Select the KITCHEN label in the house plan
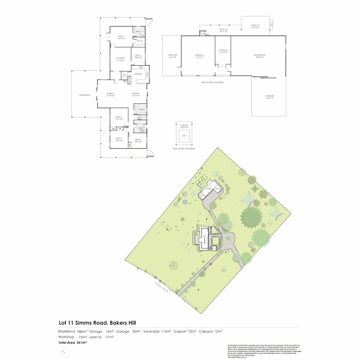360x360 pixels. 138,74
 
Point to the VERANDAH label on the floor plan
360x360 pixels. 85,95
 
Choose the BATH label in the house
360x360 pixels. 142,109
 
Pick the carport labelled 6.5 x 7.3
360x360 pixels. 269,97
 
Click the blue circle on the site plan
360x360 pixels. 185,202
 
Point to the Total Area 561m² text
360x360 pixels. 73,342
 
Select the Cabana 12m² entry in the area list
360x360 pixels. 210,331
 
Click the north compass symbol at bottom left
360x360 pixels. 65,353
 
